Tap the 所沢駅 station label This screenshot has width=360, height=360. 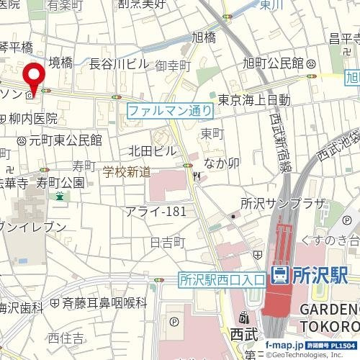tap(320, 274)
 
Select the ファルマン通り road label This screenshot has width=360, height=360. tap(170, 111)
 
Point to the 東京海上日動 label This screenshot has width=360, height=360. tap(254, 99)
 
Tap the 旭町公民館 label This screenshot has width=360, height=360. tap(274, 64)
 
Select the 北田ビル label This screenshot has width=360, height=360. tap(153, 150)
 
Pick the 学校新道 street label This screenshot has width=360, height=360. tap(126, 171)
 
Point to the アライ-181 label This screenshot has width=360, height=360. tap(156, 211)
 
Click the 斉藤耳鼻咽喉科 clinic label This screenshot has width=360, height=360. tap(104, 304)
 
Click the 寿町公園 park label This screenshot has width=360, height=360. tap(61, 182)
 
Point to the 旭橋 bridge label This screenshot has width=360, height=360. tap(204, 37)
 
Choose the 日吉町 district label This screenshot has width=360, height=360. tap(168, 242)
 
